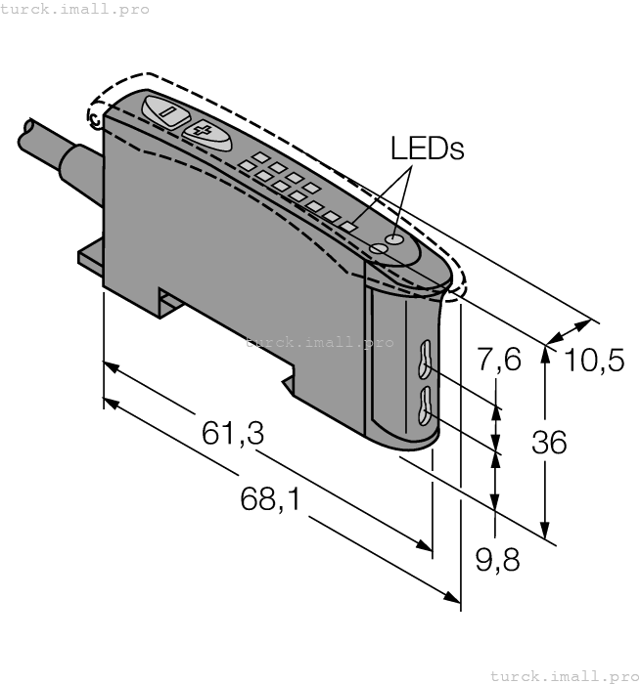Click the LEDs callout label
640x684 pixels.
(427, 149)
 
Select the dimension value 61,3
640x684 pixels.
(233, 434)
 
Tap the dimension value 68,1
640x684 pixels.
(271, 500)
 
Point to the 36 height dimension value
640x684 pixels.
(549, 443)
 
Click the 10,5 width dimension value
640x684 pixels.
(595, 361)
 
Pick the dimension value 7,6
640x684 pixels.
(499, 361)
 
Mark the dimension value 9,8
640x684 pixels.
(497, 561)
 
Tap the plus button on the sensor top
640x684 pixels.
(204, 132)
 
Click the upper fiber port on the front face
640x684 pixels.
(425, 359)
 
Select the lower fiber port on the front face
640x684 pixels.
(426, 406)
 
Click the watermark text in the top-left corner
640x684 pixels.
(75, 9)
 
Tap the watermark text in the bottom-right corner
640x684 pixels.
(564, 675)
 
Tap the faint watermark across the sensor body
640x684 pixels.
(319, 342)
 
